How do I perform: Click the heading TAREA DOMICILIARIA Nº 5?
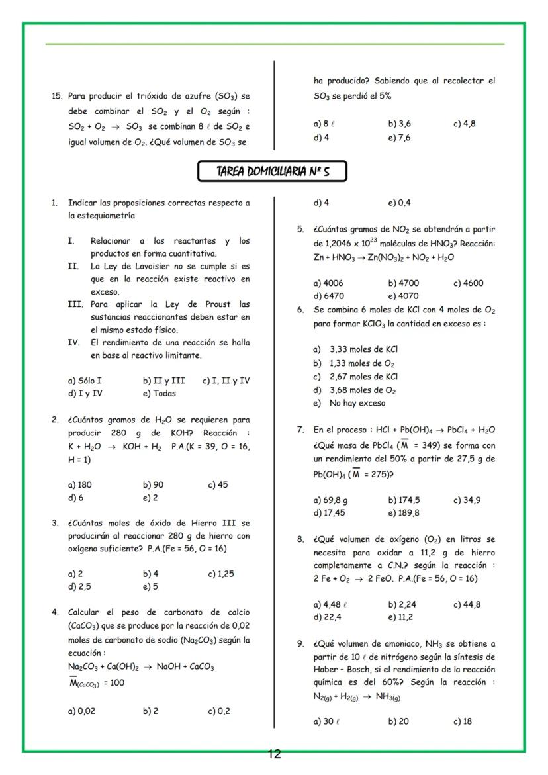[x=273, y=172]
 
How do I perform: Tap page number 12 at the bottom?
[x=274, y=754]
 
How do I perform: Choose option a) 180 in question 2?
[x=80, y=484]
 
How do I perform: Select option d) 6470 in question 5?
[x=328, y=296]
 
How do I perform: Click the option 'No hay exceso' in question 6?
[x=357, y=403]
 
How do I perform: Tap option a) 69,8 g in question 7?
[x=330, y=500]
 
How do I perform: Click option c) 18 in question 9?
[x=463, y=721]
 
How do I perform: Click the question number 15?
[x=57, y=96]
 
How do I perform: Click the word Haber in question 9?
[x=327, y=669]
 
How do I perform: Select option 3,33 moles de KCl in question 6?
[x=363, y=349]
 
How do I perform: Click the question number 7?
[x=300, y=430]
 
